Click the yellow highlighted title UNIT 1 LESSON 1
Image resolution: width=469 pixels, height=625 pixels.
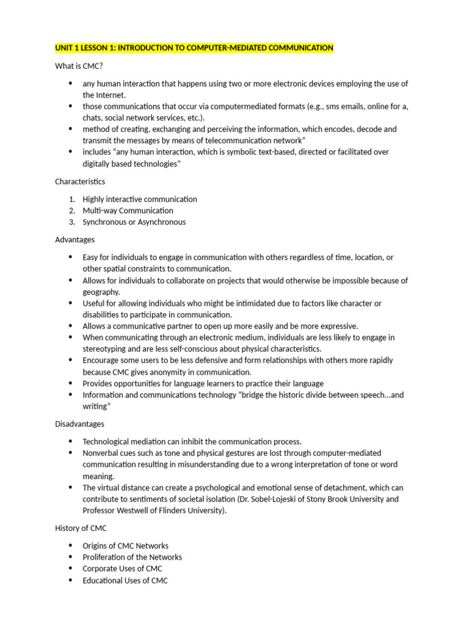pyautogui.click(x=194, y=48)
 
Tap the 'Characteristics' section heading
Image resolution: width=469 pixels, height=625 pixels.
pyautogui.click(x=80, y=181)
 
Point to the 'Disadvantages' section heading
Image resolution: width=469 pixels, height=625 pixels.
pyautogui.click(x=79, y=424)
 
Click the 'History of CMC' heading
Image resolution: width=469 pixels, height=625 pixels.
pyautogui.click(x=81, y=528)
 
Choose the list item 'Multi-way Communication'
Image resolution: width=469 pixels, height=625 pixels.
pyautogui.click(x=128, y=211)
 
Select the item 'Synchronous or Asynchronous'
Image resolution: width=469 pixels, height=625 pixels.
pyautogui.click(x=134, y=222)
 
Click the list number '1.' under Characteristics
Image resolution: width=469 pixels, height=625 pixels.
pyautogui.click(x=71, y=199)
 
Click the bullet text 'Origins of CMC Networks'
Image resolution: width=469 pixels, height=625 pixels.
pyautogui.click(x=125, y=546)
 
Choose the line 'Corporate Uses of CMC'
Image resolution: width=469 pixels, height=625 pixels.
pyautogui.click(x=122, y=569)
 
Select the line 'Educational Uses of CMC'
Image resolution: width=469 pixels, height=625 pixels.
pyautogui.click(x=125, y=580)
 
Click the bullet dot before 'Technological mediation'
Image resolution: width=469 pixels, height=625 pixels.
pyautogui.click(x=71, y=441)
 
